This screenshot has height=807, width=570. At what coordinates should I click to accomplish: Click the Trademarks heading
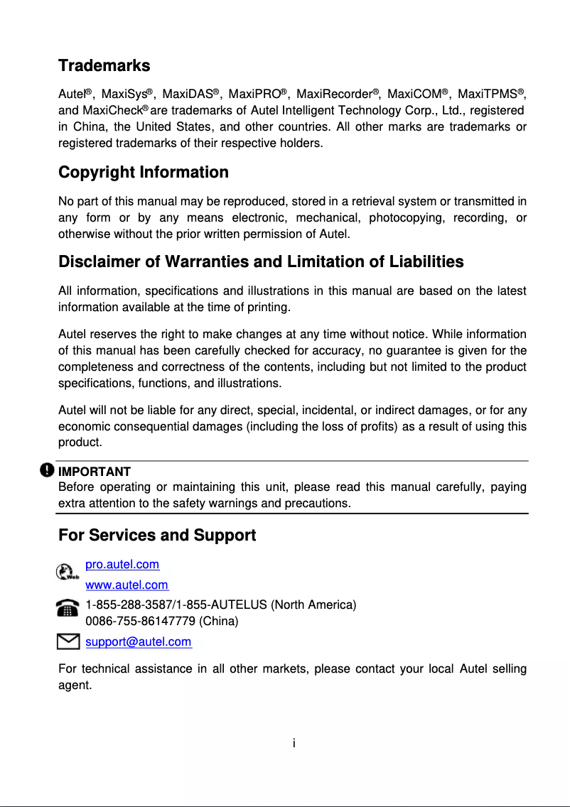coord(104,66)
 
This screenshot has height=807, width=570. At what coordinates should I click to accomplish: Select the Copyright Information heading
coord(143,173)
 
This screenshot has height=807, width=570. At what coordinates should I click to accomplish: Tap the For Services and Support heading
coord(156,536)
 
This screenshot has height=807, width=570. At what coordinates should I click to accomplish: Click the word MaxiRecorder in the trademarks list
coord(334,94)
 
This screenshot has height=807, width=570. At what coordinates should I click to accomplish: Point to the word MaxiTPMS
coord(487,94)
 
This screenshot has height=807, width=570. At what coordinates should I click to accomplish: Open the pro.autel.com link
coord(122,565)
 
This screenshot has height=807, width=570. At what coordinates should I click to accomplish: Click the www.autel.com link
coord(127,585)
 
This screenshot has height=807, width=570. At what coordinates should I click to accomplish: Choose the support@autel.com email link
coord(138,642)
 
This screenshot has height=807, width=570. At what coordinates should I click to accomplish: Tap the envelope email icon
coord(68,642)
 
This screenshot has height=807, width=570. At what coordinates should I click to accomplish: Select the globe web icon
coord(67,571)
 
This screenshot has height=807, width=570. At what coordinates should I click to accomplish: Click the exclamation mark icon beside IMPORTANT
coord(47,470)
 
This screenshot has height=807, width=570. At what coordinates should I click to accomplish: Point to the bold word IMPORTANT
coord(94,472)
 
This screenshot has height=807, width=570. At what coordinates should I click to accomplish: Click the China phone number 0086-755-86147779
coord(141,621)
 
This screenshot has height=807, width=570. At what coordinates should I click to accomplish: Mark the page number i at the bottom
coord(294,744)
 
